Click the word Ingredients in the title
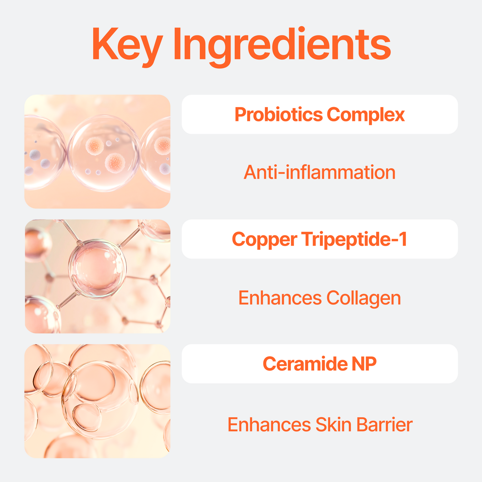click(x=282, y=45)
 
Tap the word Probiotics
click(x=279, y=114)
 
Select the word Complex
click(x=366, y=114)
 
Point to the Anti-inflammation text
click(x=320, y=172)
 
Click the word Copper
click(x=264, y=239)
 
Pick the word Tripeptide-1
click(x=355, y=239)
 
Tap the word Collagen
click(x=364, y=298)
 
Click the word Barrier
click(x=384, y=425)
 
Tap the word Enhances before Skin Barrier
click(x=269, y=425)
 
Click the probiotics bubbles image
click(x=97, y=151)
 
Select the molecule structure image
click(x=97, y=276)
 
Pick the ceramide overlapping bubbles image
click(x=97, y=401)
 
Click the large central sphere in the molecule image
click(x=97, y=269)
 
